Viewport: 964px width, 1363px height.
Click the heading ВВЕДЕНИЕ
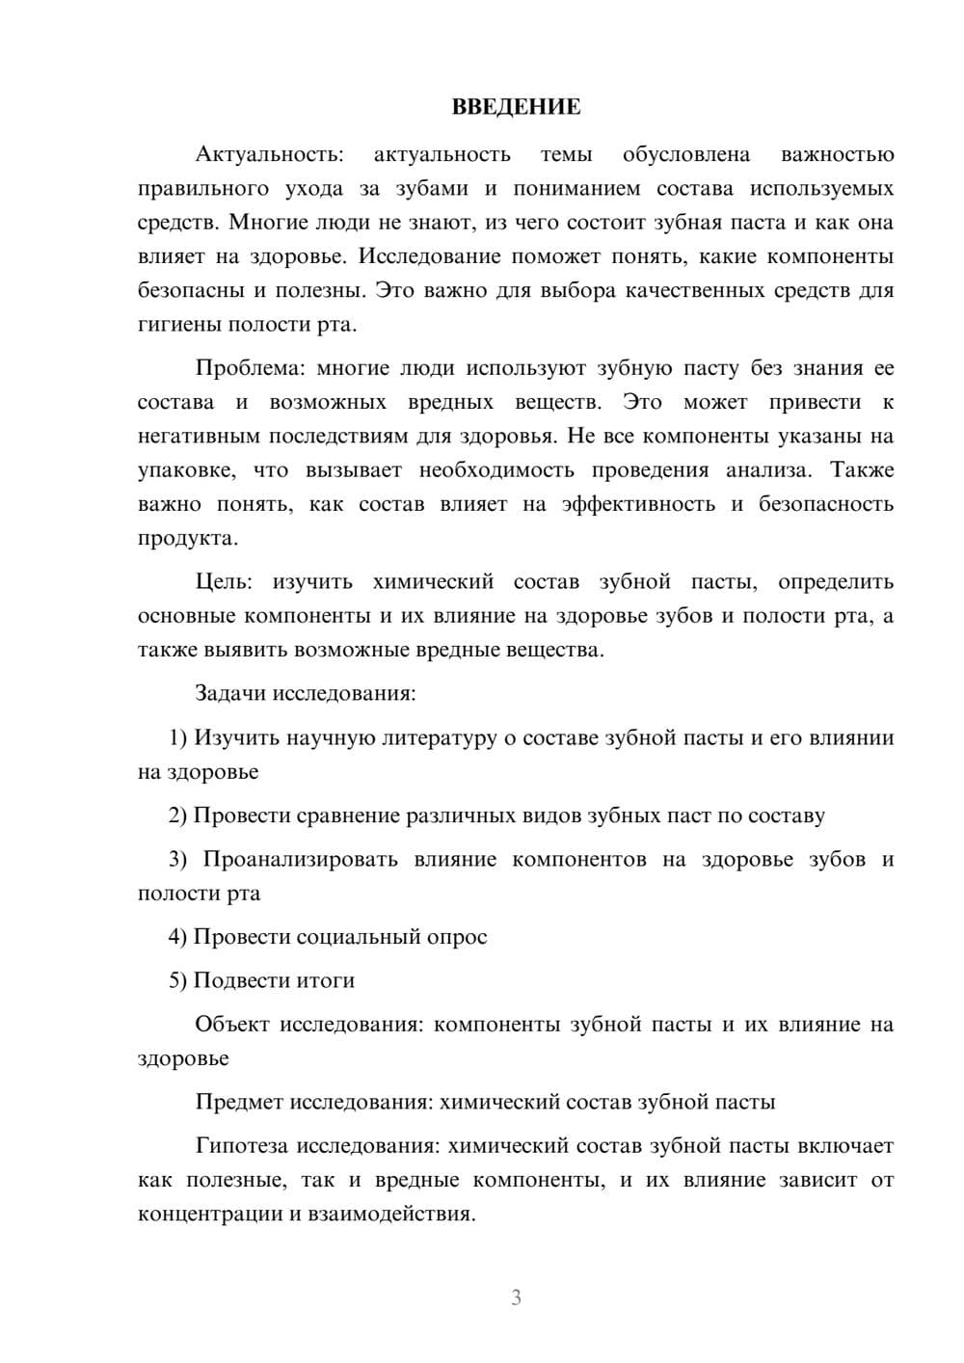pyautogui.click(x=516, y=107)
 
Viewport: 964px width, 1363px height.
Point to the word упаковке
pyautogui.click(x=184, y=470)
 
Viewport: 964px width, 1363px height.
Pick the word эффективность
pyautogui.click(x=638, y=504)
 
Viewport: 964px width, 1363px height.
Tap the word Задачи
pyautogui.click(x=231, y=694)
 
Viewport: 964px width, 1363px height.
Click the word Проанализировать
pyautogui.click(x=300, y=860)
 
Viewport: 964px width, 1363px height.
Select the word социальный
pyautogui.click(x=358, y=937)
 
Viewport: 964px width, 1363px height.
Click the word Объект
pyautogui.click(x=232, y=1025)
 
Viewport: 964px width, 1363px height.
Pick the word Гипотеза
pyautogui.click(x=242, y=1146)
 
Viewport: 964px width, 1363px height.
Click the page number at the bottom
pyautogui.click(x=516, y=1297)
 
